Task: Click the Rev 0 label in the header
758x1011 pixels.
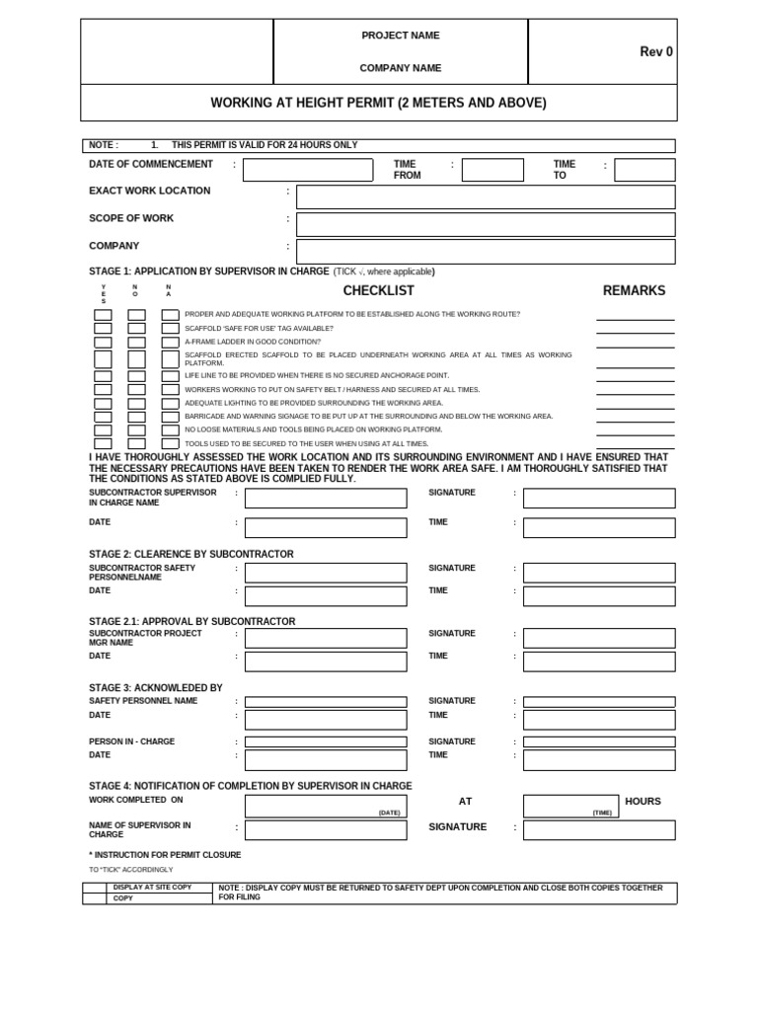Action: (x=656, y=52)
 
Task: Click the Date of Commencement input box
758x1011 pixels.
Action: (x=308, y=170)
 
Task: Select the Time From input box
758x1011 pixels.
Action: (x=493, y=170)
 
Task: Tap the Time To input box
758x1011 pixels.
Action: (x=644, y=170)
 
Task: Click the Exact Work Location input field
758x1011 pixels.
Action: (x=486, y=197)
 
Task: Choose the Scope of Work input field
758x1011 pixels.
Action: (x=486, y=224)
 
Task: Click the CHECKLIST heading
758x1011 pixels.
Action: (x=378, y=290)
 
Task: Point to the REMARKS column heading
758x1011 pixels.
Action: (x=634, y=290)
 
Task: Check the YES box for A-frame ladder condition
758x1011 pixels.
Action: (x=103, y=343)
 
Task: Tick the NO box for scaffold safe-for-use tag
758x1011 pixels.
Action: (x=137, y=329)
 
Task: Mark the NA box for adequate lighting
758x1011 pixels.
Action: (x=171, y=404)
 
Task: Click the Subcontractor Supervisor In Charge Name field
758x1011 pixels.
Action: (x=326, y=499)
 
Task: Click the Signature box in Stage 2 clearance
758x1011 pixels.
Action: (x=599, y=573)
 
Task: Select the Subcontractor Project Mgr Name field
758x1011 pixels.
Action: (x=326, y=638)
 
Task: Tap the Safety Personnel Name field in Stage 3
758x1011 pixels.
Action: (x=326, y=702)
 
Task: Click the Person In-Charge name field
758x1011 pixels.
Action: (x=326, y=741)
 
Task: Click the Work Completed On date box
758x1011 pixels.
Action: (x=326, y=806)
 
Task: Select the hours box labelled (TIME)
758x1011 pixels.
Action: (x=569, y=806)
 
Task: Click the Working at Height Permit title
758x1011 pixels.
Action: (x=378, y=103)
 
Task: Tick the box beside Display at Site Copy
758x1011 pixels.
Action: (x=94, y=888)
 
